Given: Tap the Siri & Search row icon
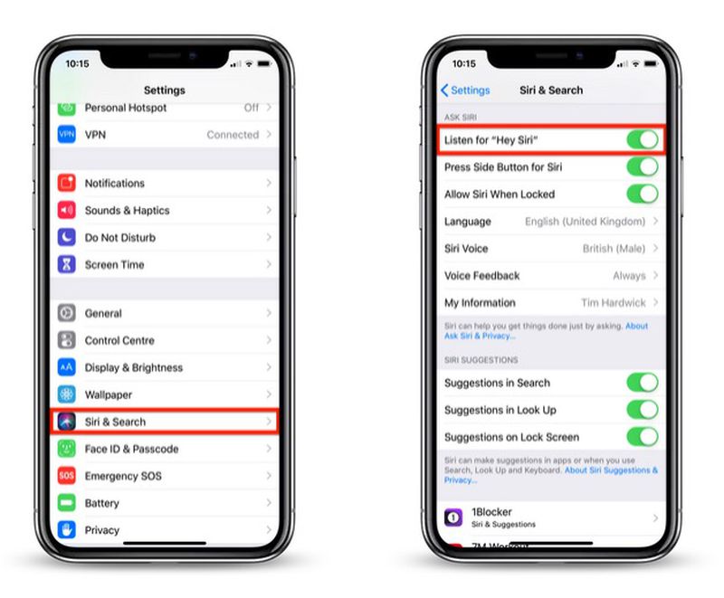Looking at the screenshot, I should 66,422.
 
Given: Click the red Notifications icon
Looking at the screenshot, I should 66,183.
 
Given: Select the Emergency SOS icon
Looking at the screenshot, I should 66,476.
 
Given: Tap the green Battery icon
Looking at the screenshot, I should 66,503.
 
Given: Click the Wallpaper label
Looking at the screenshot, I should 108,394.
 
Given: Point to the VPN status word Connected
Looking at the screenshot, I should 233,135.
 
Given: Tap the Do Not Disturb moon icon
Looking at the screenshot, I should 66,237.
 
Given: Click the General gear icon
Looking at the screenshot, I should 66,313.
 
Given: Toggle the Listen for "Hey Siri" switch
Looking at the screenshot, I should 642,140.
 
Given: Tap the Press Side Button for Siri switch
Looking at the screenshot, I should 642,167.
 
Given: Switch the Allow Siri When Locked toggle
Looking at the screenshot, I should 642,195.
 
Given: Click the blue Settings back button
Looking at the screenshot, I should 465,90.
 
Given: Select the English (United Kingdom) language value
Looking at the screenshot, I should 585,222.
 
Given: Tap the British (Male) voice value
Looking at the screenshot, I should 614,249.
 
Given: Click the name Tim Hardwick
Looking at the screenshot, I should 613,303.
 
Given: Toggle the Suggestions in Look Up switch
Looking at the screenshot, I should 642,410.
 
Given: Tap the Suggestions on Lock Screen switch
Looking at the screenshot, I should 642,437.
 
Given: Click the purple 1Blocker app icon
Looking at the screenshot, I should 452,517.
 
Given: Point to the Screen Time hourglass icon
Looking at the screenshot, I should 66,264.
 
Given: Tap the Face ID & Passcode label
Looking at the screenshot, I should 131,449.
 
